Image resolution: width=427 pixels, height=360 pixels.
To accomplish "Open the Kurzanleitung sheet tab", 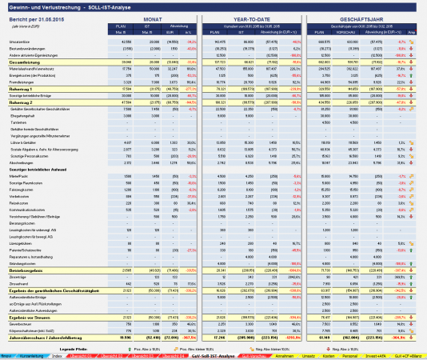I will click(32, 354).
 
